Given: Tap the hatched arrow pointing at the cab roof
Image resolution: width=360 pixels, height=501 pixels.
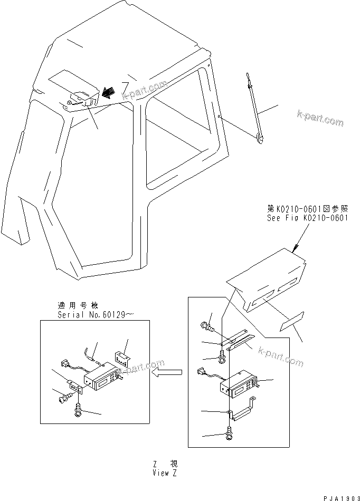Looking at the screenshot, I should coord(109,93).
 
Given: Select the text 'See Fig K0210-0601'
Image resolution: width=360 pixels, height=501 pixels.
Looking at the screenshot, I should coord(307,218).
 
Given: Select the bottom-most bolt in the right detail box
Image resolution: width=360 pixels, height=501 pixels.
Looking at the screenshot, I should coord(230,434).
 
